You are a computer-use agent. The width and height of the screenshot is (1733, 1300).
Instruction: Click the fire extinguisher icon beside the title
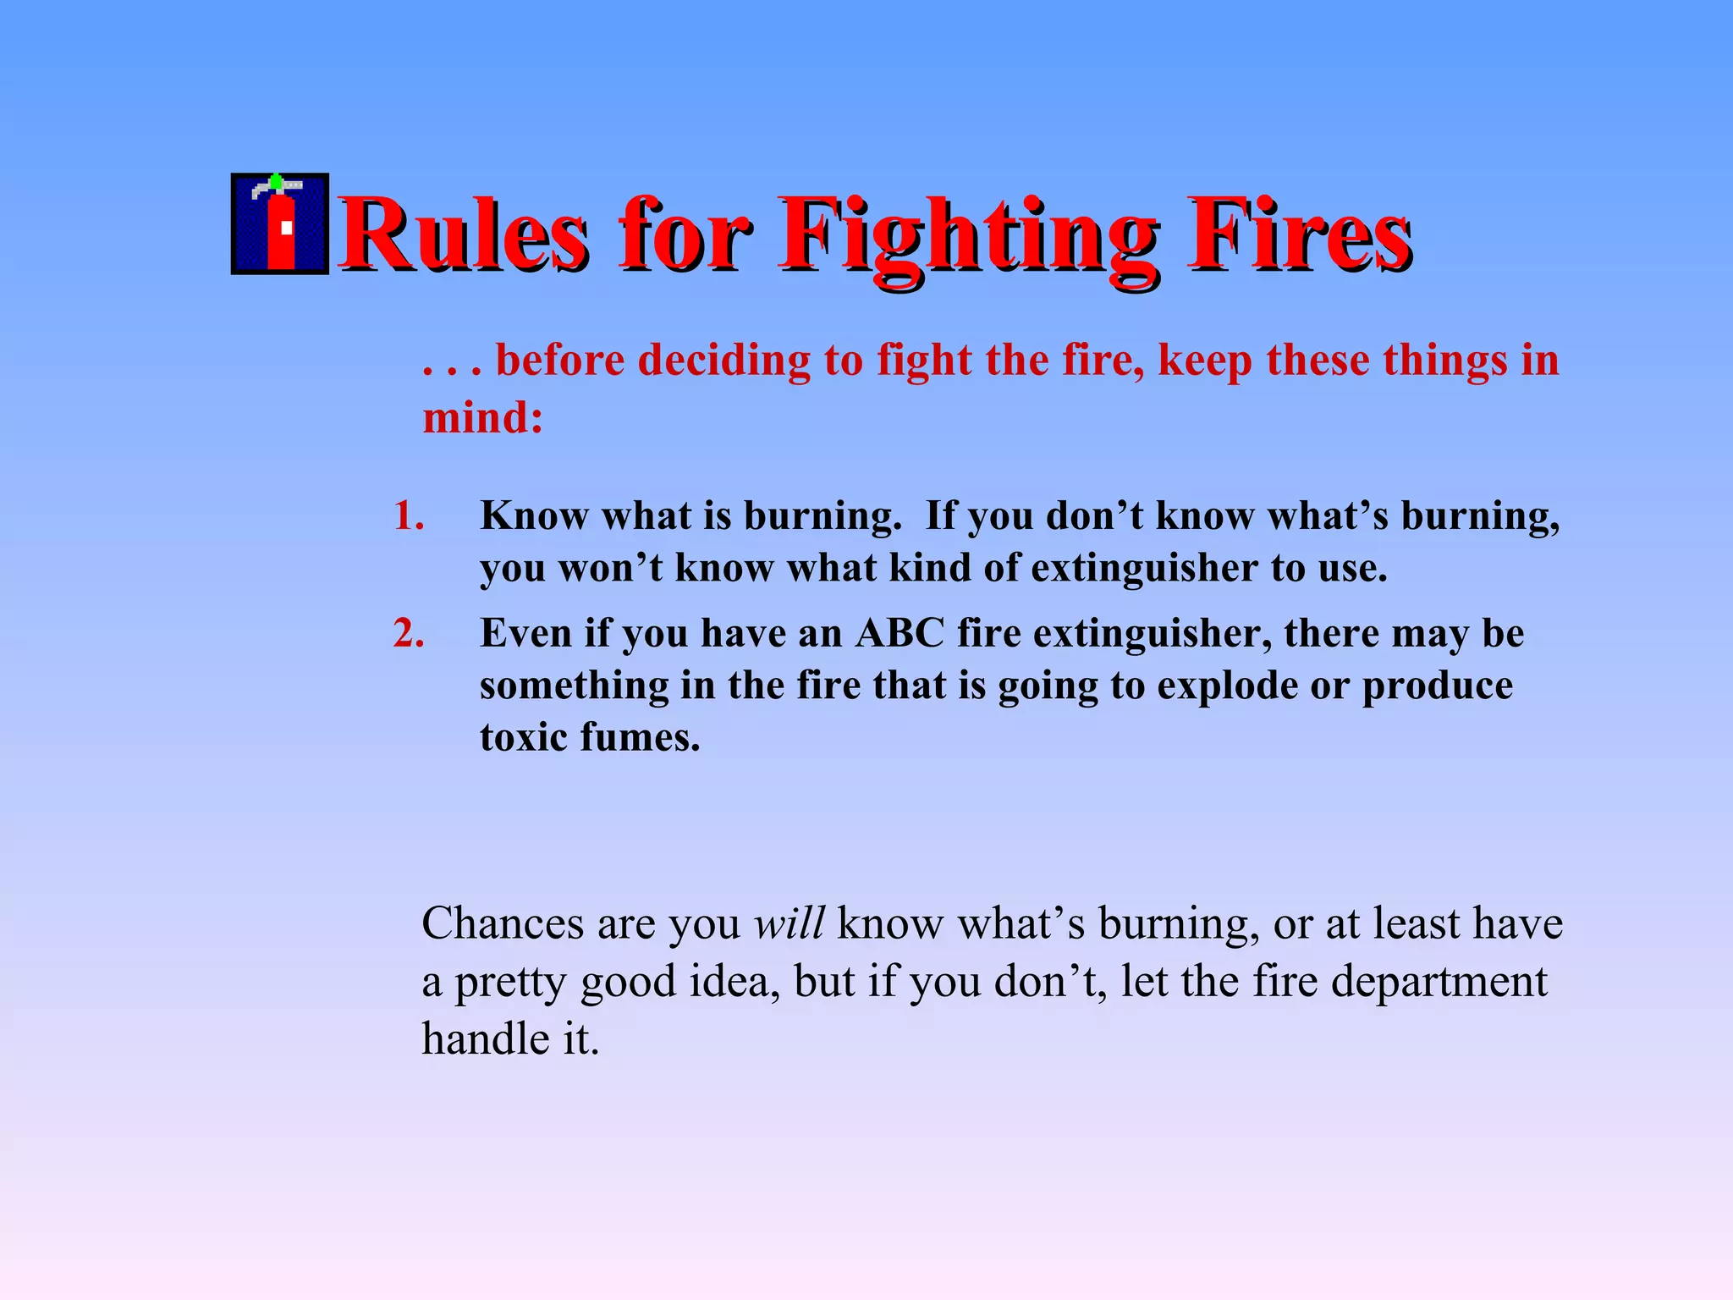point(280,224)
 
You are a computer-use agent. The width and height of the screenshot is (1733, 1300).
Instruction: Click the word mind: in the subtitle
point(482,417)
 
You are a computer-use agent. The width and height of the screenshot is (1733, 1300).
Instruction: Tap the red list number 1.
point(408,515)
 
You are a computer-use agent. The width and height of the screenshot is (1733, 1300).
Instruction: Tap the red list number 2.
point(408,633)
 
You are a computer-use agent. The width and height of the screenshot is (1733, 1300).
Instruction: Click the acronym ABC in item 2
point(899,633)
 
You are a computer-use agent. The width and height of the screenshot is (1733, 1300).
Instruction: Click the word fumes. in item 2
point(640,737)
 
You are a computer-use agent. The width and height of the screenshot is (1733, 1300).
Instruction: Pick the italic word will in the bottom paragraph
point(789,923)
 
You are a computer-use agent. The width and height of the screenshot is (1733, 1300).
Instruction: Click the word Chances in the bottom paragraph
point(503,923)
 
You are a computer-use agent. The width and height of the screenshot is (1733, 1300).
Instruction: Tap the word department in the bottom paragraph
point(1439,982)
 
